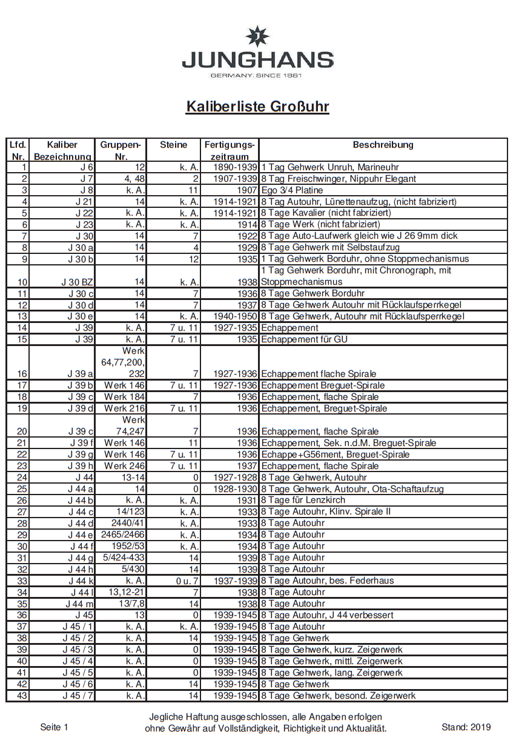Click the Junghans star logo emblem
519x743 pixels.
(257, 36)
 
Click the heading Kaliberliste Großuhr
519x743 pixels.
(257, 107)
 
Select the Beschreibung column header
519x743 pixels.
(383, 145)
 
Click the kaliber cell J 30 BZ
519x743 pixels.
(77, 282)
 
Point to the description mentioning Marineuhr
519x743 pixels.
(330, 167)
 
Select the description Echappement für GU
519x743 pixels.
(304, 339)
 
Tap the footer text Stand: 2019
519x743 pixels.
(466, 727)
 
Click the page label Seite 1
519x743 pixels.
(55, 727)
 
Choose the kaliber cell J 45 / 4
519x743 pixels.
(78, 661)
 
